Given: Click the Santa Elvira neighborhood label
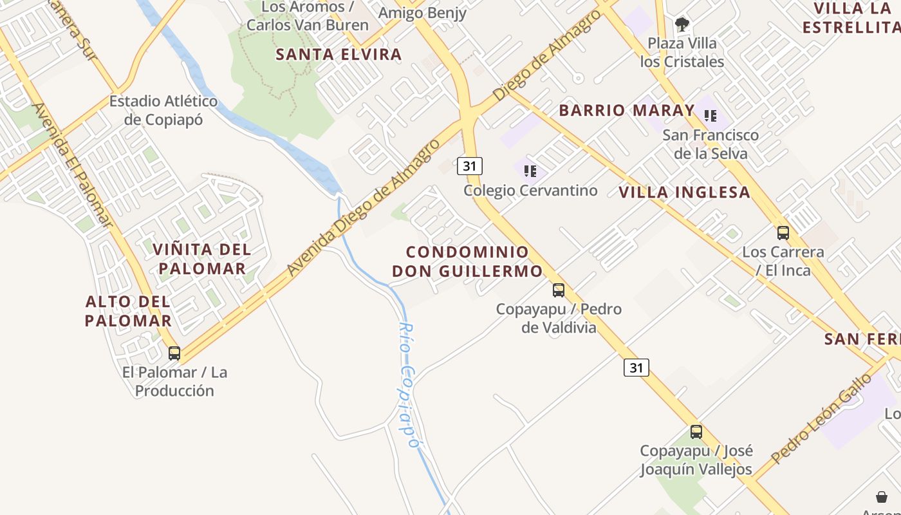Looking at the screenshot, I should point(339,55).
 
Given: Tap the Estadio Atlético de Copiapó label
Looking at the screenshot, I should point(163,110).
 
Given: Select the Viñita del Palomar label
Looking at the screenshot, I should point(202,259).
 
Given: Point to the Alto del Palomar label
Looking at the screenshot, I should point(128,311).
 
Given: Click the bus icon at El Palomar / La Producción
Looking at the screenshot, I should point(174,353).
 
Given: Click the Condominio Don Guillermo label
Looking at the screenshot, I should point(467,261).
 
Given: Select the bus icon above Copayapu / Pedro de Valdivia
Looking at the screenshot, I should point(559,290).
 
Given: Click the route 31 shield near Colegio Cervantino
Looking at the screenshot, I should point(470,166).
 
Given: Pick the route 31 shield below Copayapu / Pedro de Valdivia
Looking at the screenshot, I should point(636,368).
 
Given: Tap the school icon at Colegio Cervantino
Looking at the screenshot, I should point(530,171).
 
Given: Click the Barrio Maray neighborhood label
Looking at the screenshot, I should point(626,111).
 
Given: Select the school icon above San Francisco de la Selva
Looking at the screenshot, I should point(711,116).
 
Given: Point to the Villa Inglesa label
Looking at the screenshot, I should point(684,192).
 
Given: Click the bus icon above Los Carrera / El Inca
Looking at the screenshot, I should point(783,233).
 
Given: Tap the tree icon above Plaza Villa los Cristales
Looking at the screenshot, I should point(682,24).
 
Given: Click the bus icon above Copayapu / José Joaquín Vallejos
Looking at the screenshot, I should point(696,431).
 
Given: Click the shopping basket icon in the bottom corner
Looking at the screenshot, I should point(882,496).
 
